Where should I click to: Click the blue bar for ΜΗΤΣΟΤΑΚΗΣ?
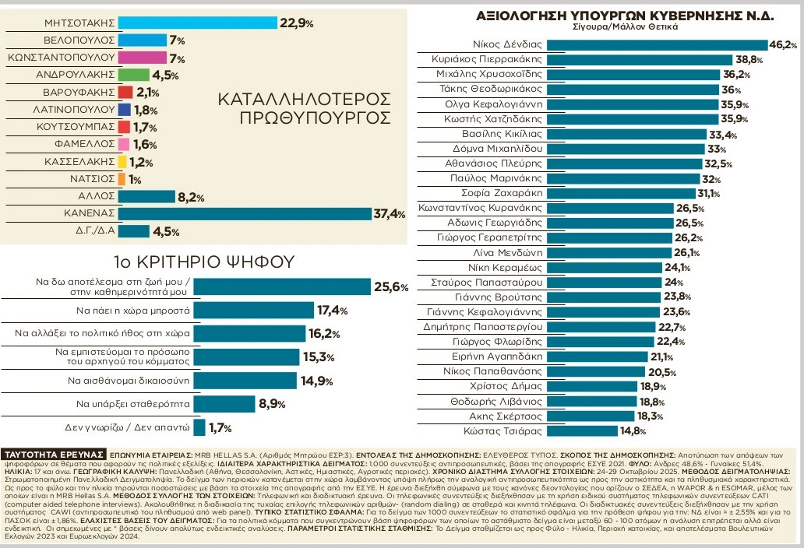(198, 23)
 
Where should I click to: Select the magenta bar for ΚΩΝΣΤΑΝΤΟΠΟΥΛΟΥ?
(143, 58)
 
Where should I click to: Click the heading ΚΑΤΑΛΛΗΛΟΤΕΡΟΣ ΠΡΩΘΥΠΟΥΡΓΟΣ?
(303, 109)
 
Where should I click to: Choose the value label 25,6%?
(391, 287)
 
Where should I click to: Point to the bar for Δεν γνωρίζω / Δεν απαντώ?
(199, 427)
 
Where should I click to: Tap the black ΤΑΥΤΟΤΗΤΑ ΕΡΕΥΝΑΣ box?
(55, 454)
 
